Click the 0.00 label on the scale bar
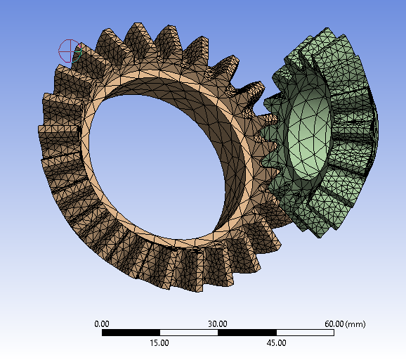pos(102,323)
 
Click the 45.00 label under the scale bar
pos(276,343)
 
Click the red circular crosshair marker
pos(68,50)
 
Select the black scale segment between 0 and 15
pos(131,333)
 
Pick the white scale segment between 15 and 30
pos(189,333)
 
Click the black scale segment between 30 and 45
pos(247,333)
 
